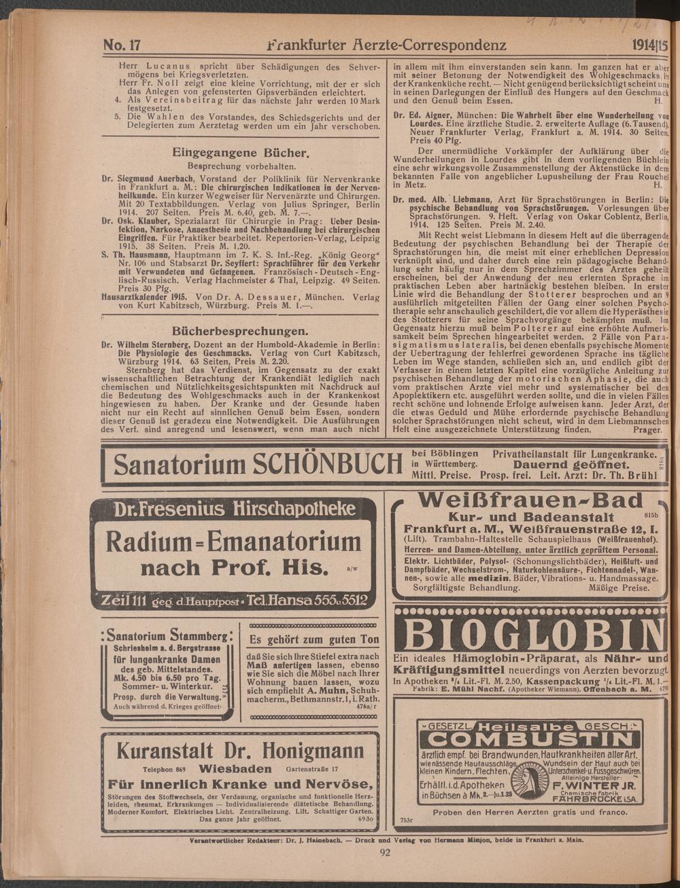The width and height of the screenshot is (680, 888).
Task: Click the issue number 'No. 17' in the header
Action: coord(122,46)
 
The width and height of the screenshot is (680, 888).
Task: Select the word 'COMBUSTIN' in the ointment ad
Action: coord(531,739)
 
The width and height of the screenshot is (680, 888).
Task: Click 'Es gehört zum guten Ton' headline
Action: coord(315,640)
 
